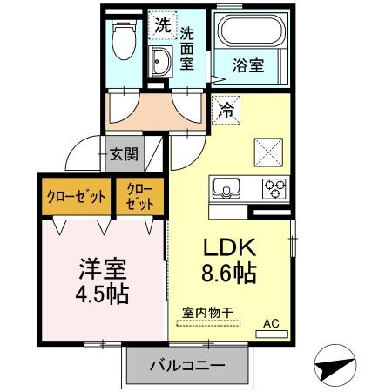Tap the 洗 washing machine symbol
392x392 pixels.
click(161, 26)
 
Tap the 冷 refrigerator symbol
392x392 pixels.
click(226, 111)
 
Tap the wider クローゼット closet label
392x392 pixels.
click(76, 196)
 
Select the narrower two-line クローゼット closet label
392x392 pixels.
click(139, 196)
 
